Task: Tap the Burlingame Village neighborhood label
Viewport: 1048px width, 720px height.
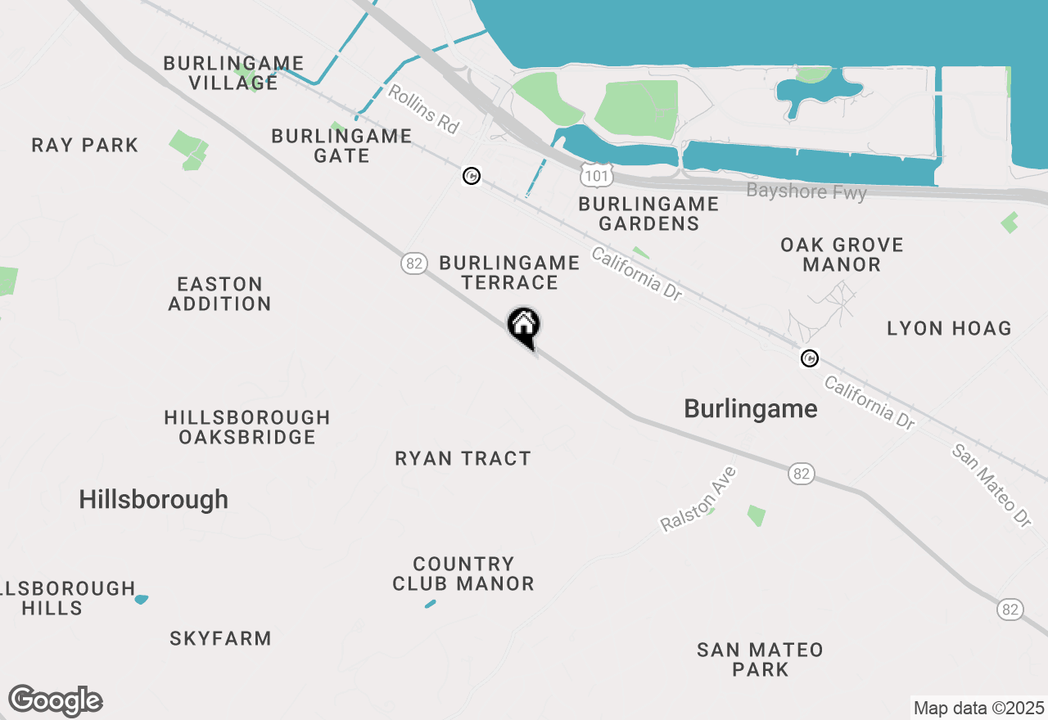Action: [233, 73]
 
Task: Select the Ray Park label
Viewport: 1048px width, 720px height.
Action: [85, 146]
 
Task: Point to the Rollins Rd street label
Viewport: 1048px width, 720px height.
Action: [423, 110]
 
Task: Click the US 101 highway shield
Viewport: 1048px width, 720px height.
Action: [596, 173]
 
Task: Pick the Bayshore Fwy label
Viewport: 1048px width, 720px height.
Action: [806, 191]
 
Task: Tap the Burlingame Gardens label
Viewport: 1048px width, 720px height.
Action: [648, 214]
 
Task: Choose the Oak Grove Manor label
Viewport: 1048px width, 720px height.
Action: [842, 254]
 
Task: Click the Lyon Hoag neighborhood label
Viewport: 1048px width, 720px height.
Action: [949, 329]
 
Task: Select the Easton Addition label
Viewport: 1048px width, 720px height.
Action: [219, 294]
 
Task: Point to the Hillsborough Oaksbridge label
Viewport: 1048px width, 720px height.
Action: [247, 427]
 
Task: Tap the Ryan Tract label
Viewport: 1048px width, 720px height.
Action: [463, 459]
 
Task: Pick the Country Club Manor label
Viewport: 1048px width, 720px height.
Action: [463, 574]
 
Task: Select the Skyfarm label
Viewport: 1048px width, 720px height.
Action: [220, 639]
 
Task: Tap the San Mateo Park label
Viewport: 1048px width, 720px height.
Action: [760, 659]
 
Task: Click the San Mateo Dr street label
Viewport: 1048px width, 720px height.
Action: [991, 485]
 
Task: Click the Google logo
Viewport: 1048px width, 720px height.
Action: [55, 700]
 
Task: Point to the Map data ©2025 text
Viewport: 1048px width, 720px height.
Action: [978, 708]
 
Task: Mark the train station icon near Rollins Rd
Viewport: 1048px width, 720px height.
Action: [471, 175]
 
